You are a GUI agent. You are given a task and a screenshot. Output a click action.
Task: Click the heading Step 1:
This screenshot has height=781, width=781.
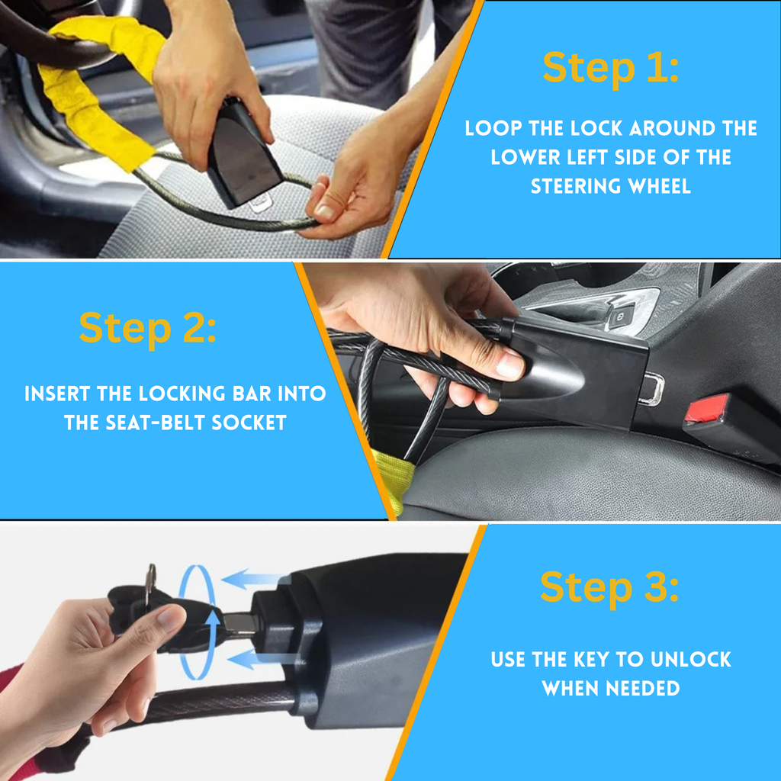[611, 67]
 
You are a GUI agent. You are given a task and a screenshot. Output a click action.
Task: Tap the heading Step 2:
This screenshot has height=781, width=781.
[147, 328]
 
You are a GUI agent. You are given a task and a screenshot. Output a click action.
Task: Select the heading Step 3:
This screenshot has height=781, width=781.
[609, 587]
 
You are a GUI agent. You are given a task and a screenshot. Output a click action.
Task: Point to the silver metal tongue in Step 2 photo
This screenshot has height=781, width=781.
[651, 388]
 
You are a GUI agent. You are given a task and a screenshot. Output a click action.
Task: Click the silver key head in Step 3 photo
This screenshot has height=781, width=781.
[150, 583]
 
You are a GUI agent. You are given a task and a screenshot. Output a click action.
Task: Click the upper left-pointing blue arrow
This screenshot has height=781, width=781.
[255, 579]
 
